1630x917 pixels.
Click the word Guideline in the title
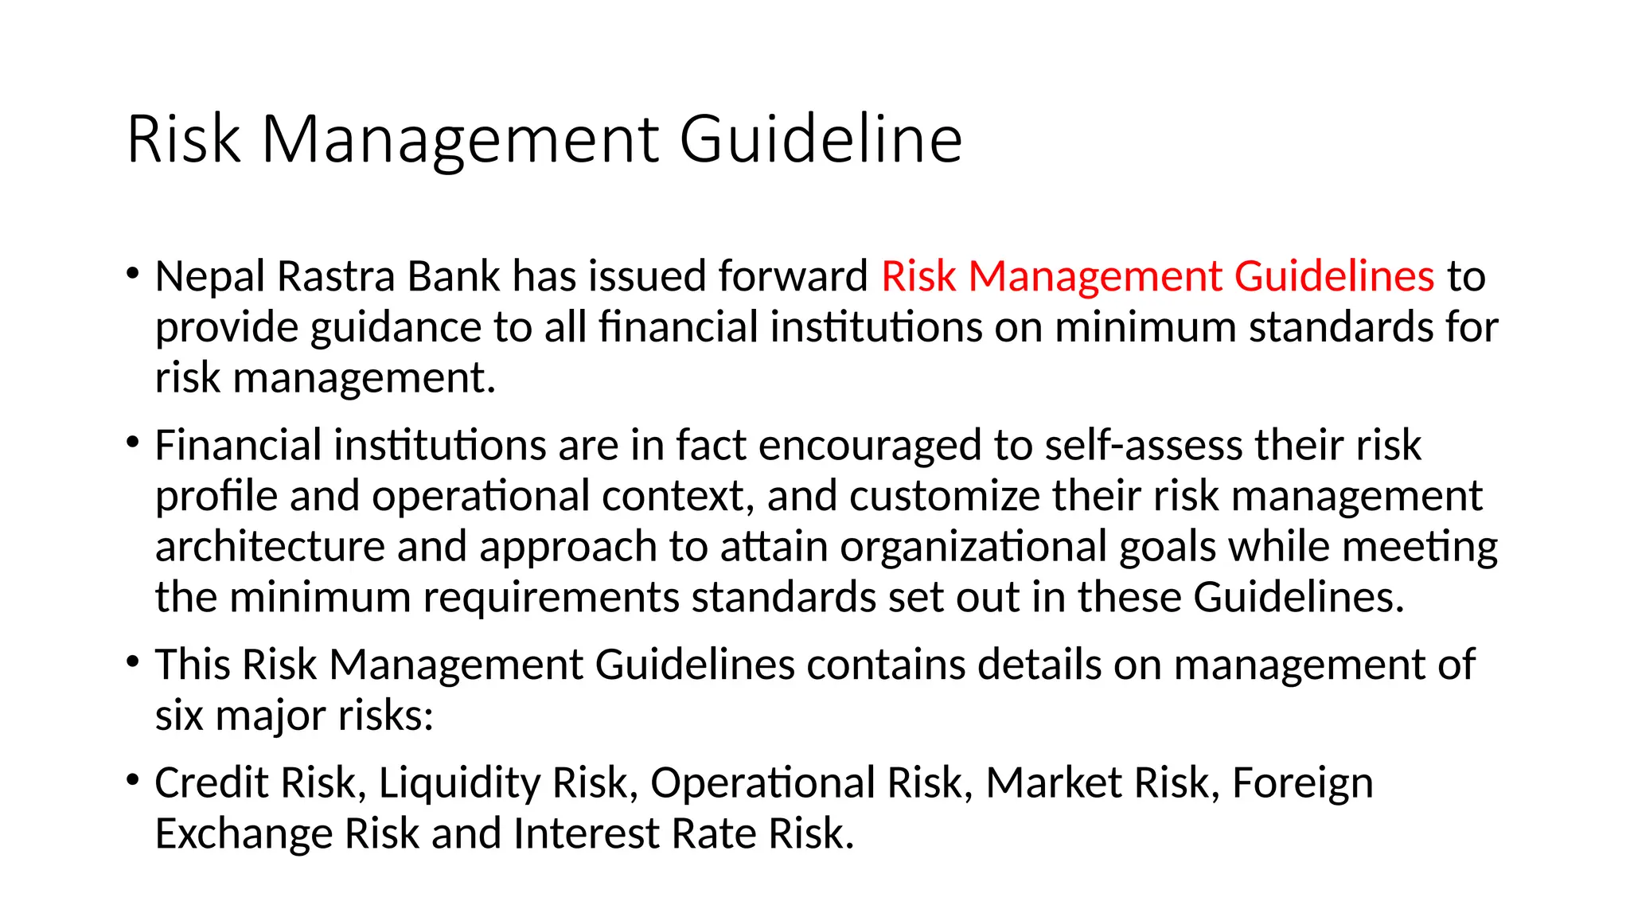tap(821, 139)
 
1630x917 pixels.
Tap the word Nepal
tap(210, 277)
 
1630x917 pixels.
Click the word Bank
tap(454, 277)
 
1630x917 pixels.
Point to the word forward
tap(793, 277)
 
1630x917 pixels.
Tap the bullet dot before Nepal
tap(133, 275)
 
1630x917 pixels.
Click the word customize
tap(945, 496)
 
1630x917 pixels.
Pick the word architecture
tap(270, 547)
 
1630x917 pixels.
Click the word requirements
tap(551, 598)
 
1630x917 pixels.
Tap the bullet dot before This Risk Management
tap(133, 662)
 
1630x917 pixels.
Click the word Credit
tap(212, 782)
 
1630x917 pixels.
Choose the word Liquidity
tap(459, 782)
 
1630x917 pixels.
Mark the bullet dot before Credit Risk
tap(133, 780)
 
